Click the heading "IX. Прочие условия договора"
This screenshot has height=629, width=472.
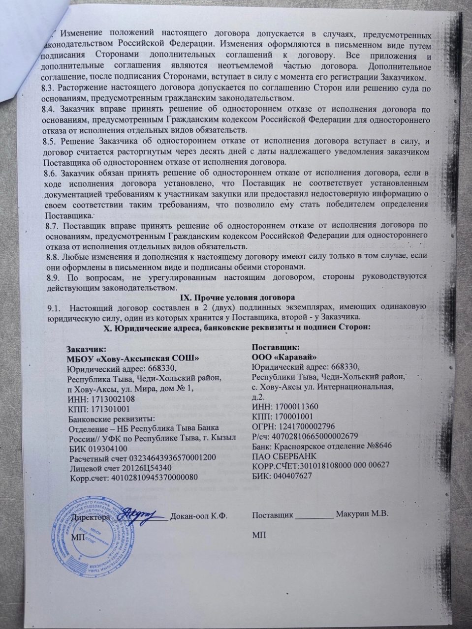236,297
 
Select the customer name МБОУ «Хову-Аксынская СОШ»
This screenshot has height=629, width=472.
133,358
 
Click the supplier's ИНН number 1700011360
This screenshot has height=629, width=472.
294,406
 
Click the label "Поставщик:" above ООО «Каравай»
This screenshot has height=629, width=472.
273,347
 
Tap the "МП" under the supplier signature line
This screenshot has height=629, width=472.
258,535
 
